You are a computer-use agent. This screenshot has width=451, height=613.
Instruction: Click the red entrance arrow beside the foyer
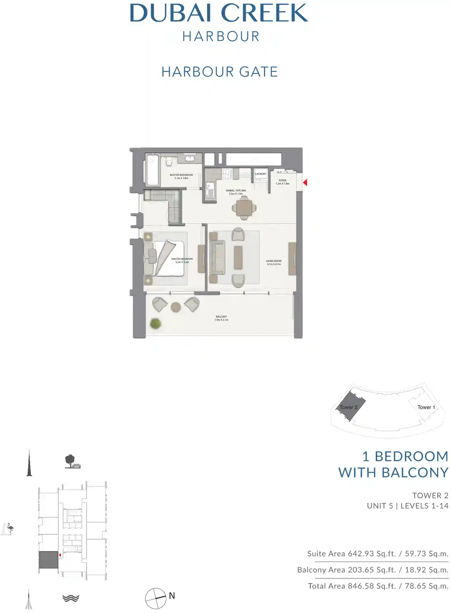tap(305, 182)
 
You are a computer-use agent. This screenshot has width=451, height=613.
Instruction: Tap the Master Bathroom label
tap(181, 176)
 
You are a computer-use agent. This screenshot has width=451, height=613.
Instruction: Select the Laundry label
tap(260, 174)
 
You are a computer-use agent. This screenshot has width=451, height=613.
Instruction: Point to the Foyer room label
tap(283, 182)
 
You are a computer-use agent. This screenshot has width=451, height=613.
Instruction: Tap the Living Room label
tap(274, 262)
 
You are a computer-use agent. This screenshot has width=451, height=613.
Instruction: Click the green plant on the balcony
tap(155, 324)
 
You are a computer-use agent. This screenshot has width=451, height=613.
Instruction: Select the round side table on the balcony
tap(176, 307)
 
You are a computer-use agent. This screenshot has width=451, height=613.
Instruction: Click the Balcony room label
tap(221, 318)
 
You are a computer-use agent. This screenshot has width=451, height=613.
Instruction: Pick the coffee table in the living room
tap(238, 257)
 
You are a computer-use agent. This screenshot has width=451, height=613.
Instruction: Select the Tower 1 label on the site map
tap(426, 407)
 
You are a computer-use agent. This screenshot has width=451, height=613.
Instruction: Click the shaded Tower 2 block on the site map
tap(349, 406)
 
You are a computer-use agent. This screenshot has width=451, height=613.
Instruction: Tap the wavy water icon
tap(71, 598)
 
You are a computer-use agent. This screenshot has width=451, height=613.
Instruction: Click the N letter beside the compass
tap(172, 595)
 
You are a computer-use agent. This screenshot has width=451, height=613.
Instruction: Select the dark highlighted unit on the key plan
tap(48, 560)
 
